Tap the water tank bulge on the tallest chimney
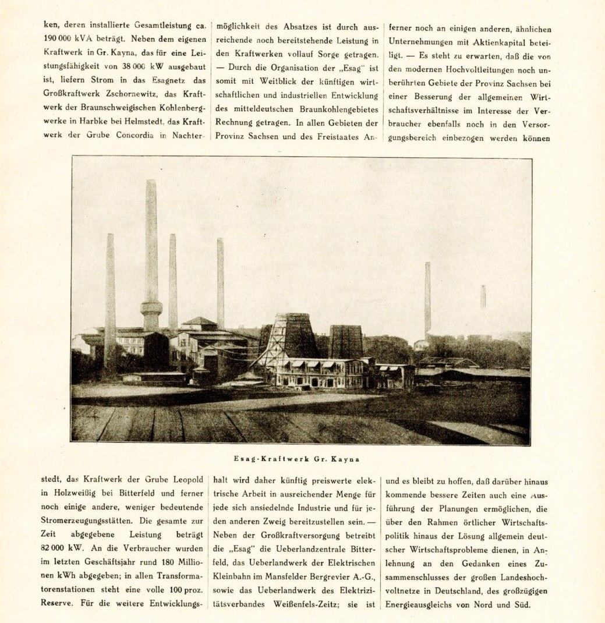click(x=151, y=306)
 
